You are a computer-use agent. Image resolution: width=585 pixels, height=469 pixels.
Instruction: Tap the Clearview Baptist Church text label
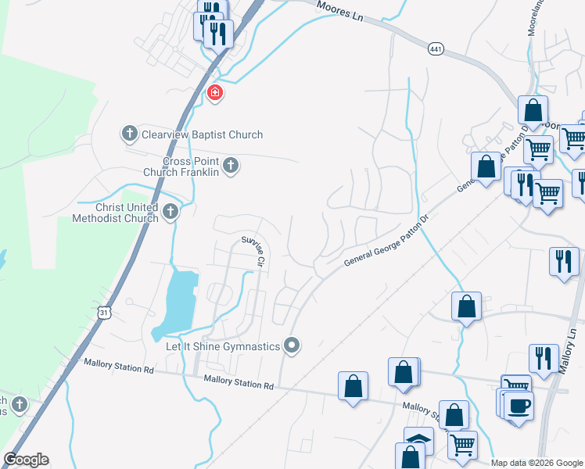click(202, 134)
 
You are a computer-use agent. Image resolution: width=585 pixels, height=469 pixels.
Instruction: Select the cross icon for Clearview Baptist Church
click(130, 134)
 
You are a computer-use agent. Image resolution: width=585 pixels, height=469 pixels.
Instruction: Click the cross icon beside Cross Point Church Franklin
click(230, 165)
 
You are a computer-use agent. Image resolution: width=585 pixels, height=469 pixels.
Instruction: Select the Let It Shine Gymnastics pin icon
click(292, 345)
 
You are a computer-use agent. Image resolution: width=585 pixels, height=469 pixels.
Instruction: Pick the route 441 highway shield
click(436, 49)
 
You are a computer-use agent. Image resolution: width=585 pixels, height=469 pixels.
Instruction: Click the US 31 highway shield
click(105, 313)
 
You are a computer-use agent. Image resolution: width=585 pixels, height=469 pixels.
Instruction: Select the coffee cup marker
click(519, 406)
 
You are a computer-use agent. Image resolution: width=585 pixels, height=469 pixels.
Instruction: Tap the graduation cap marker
click(418, 440)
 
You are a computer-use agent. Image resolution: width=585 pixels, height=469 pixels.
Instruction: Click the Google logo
click(26, 460)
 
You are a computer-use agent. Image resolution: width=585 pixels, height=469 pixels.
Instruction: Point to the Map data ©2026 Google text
click(536, 463)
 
